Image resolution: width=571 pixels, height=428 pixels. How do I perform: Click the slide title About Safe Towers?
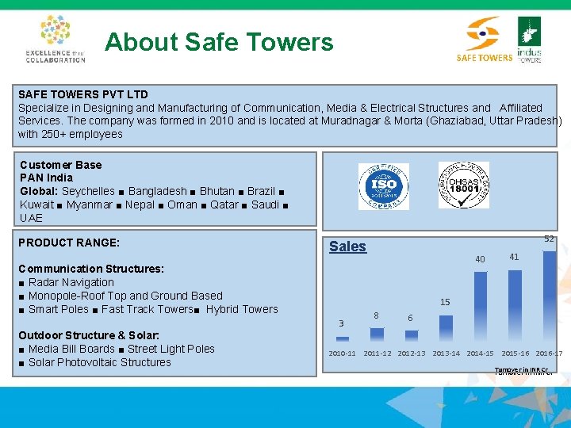[219, 42]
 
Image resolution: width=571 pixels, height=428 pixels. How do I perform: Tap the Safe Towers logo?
[484, 40]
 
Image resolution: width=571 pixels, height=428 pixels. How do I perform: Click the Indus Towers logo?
[529, 40]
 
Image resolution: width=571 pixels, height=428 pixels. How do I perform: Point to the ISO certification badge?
[383, 186]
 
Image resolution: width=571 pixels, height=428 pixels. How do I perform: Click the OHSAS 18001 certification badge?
[464, 185]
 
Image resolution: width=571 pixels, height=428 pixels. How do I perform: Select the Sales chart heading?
[347, 246]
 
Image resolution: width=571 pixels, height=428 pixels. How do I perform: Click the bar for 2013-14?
[446, 328]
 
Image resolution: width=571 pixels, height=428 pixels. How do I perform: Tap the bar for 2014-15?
[480, 306]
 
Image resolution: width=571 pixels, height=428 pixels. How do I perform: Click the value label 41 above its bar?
[514, 257]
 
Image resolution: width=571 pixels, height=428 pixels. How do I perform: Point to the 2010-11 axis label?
[342, 353]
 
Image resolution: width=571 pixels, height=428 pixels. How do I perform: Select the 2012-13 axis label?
[411, 353]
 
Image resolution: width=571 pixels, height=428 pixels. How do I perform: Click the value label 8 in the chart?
[376, 315]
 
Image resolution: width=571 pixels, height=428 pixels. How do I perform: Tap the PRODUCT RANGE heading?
[69, 243]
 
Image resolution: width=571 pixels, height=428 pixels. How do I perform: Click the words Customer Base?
[60, 165]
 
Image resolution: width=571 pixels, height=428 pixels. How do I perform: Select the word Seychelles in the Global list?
[88, 192]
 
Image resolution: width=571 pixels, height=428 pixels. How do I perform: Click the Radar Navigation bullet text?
[71, 282]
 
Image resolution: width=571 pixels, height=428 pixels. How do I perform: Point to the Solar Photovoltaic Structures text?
[99, 362]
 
